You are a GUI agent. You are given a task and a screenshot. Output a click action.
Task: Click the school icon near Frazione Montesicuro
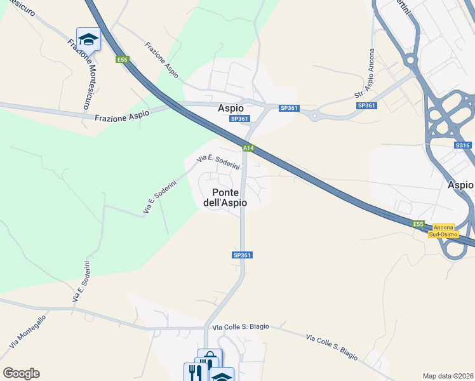click(88, 40)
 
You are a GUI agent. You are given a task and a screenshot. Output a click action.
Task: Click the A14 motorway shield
click(248, 148)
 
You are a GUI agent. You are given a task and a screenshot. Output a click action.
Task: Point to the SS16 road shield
click(462, 145)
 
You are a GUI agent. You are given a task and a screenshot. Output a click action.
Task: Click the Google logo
click(21, 373)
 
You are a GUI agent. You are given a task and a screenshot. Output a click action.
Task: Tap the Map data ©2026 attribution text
click(448, 376)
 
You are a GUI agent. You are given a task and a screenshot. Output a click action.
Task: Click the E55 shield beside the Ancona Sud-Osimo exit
click(417, 224)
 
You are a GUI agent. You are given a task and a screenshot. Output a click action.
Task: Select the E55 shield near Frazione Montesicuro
click(123, 60)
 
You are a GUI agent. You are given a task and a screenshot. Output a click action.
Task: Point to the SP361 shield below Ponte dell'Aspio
click(243, 255)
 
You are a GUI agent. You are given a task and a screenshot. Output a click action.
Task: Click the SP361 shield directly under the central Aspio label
click(239, 119)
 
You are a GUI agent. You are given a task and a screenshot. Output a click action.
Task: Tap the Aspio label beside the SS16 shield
click(460, 185)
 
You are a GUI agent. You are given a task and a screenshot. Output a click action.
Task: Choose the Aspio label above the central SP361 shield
click(231, 108)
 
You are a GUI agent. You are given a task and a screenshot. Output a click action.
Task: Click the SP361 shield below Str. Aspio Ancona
click(366, 105)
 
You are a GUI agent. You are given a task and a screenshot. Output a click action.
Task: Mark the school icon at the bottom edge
click(222, 376)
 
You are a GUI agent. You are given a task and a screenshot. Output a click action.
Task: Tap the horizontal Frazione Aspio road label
click(122, 116)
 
